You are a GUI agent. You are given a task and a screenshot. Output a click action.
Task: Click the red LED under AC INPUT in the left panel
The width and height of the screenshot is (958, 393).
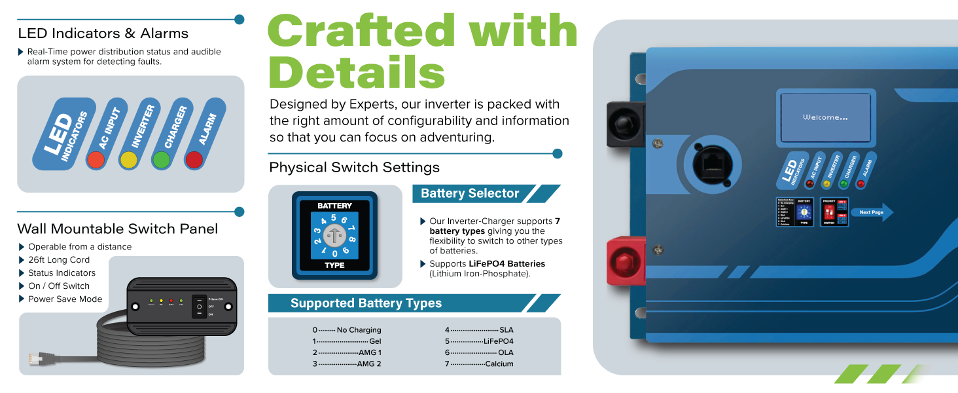pyautogui.click(x=96, y=159)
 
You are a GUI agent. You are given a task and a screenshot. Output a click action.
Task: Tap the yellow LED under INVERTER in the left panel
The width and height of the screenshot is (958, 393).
pyautogui.click(x=128, y=159)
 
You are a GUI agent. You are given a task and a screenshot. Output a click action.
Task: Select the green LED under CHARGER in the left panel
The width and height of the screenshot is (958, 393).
pyautogui.click(x=161, y=159)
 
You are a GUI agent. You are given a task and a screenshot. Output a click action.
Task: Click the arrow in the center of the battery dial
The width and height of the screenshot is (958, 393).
pyautogui.click(x=334, y=235)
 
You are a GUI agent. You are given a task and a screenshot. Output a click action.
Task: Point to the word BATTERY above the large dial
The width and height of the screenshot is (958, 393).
pyautogui.click(x=334, y=206)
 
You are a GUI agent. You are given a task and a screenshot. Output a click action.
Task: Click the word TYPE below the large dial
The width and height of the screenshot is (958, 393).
pyautogui.click(x=334, y=266)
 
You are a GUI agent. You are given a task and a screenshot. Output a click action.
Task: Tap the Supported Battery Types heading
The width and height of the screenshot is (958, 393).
pyautogui.click(x=366, y=303)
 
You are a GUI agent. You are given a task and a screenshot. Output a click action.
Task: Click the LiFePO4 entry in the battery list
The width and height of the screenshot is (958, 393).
pyautogui.click(x=498, y=341)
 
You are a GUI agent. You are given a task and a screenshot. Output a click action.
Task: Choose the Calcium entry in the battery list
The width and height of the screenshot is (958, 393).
pyautogui.click(x=499, y=364)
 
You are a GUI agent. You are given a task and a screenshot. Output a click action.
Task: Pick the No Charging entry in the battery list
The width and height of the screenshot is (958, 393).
pyautogui.click(x=359, y=330)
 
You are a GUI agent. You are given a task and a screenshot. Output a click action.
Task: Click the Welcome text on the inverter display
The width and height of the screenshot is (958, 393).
pyautogui.click(x=825, y=117)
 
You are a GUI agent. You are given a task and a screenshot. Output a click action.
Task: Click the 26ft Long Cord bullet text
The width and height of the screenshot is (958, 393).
pyautogui.click(x=59, y=260)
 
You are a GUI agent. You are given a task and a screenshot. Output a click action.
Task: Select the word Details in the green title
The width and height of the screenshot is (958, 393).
pyautogui.click(x=357, y=72)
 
